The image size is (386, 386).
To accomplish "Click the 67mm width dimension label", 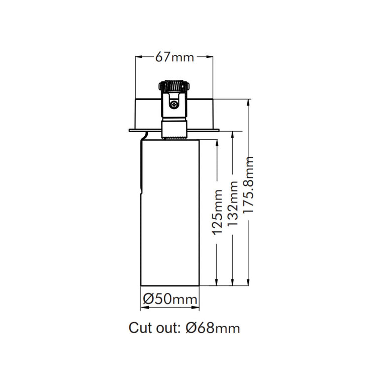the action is tap(174, 57).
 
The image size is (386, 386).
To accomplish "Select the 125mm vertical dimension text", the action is tap(217, 212).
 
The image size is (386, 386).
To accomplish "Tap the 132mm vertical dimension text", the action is tap(233, 204).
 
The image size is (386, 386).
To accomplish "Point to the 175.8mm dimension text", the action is tap(248, 184).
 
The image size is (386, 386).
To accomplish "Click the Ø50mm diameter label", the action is tap(170, 300).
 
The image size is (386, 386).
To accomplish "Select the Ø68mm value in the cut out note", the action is tap(213, 328).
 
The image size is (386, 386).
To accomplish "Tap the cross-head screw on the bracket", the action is tap(174, 105).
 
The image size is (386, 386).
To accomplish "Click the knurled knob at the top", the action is tap(174, 86).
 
